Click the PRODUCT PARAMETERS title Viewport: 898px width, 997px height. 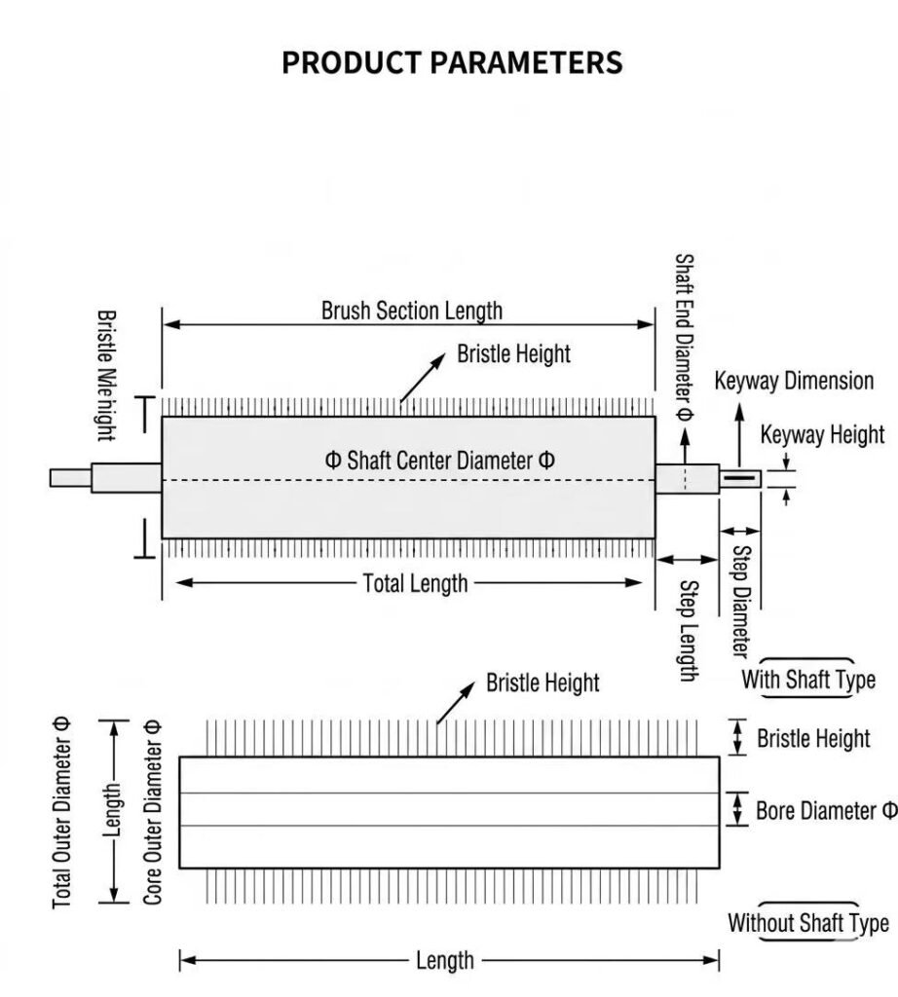pos(452,62)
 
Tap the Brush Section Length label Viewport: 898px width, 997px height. pos(411,311)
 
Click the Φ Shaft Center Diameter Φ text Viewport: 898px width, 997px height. pos(440,460)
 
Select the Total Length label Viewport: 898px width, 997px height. pos(415,583)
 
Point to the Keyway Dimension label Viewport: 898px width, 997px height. pos(794,381)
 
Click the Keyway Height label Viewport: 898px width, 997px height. pos(822,435)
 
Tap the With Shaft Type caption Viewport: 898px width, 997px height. pos(808,679)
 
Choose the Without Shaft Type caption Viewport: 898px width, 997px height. pos(808,923)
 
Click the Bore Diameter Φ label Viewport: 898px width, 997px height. pos(826,811)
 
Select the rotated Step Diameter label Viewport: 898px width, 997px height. pos(741,602)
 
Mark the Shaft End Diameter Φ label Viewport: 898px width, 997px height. pos(684,338)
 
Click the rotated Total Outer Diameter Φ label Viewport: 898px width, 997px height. pos(61,813)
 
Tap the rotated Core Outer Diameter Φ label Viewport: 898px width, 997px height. pos(153,813)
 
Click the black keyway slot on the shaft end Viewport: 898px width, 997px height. pos(739,477)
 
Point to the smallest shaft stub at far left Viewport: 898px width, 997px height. pos(70,478)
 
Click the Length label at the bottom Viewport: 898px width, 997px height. pos(445,960)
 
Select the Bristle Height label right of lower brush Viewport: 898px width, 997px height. pos(813,738)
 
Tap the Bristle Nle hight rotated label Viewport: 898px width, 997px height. pos(106,376)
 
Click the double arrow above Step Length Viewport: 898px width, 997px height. pos(687,560)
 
